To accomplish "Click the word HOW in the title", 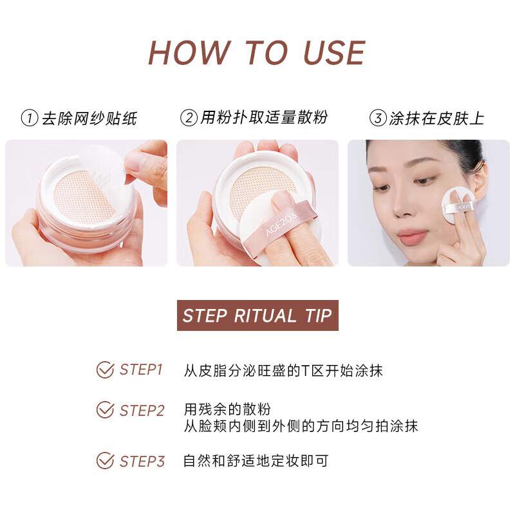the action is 189,53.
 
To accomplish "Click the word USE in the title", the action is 334,53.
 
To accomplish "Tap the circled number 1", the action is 30,118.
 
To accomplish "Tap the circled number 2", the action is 189,118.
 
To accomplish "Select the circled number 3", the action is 378,118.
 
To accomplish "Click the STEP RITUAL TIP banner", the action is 257,315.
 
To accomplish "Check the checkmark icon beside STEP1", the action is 105,370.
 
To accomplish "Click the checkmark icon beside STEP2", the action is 105,410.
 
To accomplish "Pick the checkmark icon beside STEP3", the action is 105,460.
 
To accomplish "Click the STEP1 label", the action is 141,370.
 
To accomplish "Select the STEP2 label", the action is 142,411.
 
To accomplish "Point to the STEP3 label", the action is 142,462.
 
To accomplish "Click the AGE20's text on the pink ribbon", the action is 281,223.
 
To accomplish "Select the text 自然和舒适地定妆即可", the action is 256,461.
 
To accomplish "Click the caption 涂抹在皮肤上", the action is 437,118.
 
